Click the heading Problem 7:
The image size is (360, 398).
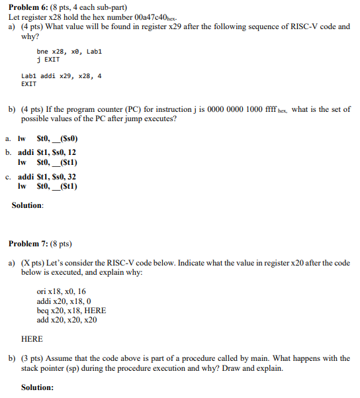tap(32, 244)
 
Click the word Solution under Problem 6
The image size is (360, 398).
tap(27, 205)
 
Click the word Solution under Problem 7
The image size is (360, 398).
tap(36, 387)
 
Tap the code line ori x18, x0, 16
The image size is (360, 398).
tap(62, 291)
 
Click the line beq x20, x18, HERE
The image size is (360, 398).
tap(71, 310)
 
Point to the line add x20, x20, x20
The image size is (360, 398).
tap(67, 319)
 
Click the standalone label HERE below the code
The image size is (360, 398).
tap(32, 338)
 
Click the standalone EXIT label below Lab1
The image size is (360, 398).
tap(29, 84)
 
